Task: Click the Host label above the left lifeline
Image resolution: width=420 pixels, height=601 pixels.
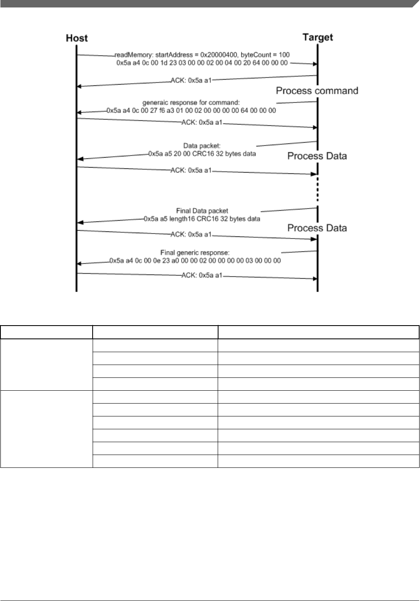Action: tap(77, 38)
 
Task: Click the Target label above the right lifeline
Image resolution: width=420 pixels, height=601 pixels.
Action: tap(318, 37)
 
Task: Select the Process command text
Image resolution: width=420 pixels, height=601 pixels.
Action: tap(317, 91)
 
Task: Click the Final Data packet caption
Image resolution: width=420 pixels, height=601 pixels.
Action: tap(202, 211)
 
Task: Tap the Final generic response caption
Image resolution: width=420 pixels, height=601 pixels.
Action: tap(195, 253)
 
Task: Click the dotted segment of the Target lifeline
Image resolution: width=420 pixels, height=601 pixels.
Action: tap(317, 189)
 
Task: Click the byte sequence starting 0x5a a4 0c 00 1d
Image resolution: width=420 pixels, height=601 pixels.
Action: tap(202, 63)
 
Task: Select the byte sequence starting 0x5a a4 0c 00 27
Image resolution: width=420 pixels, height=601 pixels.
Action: tap(191, 111)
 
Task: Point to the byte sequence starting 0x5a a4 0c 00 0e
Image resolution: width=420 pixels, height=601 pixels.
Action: tap(195, 261)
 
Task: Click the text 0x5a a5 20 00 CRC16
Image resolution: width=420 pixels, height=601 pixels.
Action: tap(179, 154)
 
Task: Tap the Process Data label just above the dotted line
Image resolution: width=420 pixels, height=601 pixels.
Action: tap(317, 156)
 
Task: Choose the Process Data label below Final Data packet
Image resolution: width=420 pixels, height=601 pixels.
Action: tap(317, 228)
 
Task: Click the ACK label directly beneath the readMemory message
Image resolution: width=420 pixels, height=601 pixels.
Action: tap(191, 80)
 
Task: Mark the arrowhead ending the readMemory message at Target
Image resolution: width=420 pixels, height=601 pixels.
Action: tap(315, 64)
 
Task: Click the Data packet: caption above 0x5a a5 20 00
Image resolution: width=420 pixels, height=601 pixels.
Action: tap(202, 146)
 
